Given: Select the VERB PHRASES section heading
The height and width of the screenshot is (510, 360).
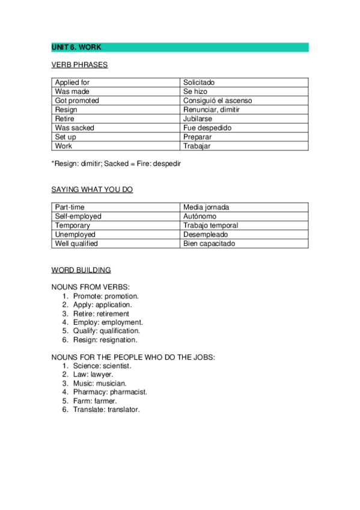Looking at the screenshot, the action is click(x=79, y=65).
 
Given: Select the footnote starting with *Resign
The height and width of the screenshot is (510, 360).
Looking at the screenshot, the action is click(x=116, y=164).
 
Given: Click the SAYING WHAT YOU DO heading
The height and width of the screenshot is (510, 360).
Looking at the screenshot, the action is click(x=92, y=189).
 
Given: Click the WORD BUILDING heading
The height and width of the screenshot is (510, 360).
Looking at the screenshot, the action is click(x=81, y=271).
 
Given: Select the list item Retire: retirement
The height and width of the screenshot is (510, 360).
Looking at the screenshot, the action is click(x=101, y=314).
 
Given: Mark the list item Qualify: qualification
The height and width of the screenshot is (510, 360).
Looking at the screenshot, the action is click(x=106, y=331).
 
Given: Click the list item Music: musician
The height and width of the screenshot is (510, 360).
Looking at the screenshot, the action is click(x=100, y=383).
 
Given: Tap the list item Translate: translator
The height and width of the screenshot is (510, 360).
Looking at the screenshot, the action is click(x=106, y=410).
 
